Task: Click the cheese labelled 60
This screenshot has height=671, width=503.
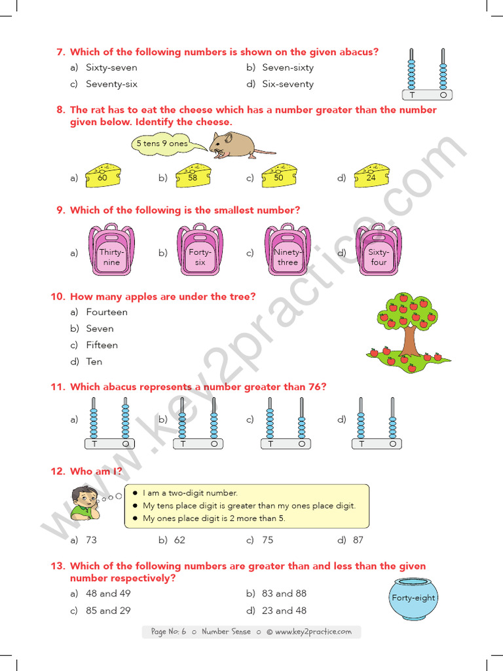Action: [x=103, y=176]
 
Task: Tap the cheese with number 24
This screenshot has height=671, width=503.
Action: [x=371, y=176]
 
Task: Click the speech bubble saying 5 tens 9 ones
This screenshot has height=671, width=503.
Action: [x=162, y=144]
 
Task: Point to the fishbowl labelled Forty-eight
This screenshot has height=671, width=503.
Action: [x=413, y=599]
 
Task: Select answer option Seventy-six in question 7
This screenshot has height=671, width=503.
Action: [x=111, y=84]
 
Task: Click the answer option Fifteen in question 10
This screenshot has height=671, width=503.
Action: [x=102, y=345]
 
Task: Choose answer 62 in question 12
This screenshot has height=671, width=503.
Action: [x=179, y=540]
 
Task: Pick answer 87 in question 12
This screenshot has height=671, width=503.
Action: [x=358, y=540]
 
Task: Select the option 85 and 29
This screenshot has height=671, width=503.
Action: [x=108, y=610]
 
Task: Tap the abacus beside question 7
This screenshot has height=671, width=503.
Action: [x=428, y=73]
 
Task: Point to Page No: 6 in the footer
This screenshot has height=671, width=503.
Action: [x=169, y=632]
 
